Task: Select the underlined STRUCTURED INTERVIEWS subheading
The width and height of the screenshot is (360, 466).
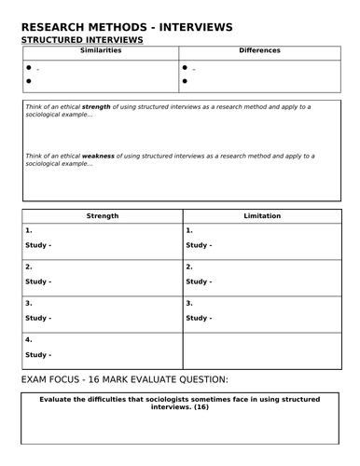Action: (x=82, y=41)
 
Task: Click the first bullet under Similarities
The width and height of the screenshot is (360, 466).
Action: (x=29, y=68)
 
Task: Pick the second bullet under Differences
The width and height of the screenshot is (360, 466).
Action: (x=186, y=82)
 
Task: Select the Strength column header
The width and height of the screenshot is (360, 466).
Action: (x=103, y=215)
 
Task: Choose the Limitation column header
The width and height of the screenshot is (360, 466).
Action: (x=261, y=215)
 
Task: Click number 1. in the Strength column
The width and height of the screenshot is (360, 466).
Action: (x=29, y=229)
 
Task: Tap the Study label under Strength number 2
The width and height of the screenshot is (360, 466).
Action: (x=38, y=281)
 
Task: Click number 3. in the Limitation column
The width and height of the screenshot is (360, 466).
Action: (x=189, y=303)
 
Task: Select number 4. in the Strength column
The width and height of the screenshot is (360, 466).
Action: (x=29, y=339)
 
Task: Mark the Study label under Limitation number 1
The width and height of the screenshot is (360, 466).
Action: (x=198, y=244)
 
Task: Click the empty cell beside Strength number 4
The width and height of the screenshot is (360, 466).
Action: (x=261, y=349)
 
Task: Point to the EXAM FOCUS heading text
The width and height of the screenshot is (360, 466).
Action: (x=123, y=380)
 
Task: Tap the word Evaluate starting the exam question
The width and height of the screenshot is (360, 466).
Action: (x=58, y=399)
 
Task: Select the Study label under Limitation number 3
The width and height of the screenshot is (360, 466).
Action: (x=198, y=318)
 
